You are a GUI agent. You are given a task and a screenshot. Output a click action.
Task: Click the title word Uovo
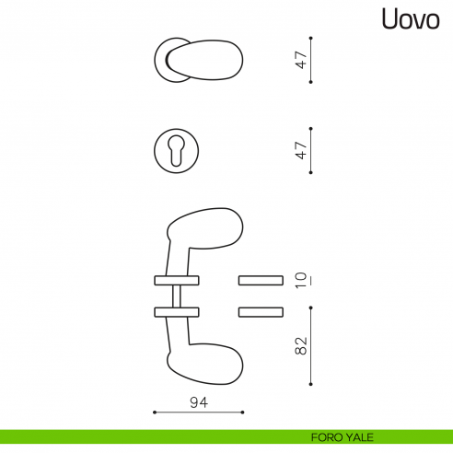tap(408, 20)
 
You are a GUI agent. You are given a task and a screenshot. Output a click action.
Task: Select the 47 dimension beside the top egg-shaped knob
tap(301, 61)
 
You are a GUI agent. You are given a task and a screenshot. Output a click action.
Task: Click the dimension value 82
tap(301, 347)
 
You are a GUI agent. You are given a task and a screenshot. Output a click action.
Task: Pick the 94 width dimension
tap(197, 402)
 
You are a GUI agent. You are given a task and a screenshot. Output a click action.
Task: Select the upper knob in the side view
tap(206, 227)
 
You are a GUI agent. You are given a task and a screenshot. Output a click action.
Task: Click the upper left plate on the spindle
tap(177, 279)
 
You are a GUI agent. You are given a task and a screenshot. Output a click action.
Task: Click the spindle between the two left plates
tap(177, 296)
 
